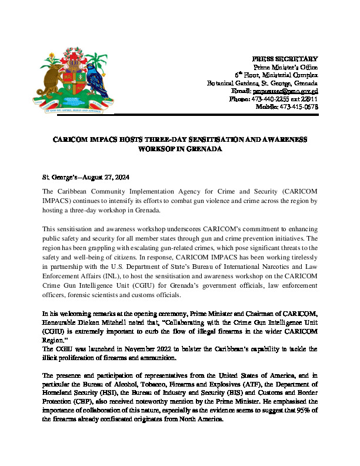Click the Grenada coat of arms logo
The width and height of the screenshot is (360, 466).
pyautogui.click(x=75, y=82)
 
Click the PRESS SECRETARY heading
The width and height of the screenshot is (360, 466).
pyautogui.click(x=285, y=59)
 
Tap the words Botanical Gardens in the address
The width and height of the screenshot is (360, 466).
pyautogui.click(x=233, y=83)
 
